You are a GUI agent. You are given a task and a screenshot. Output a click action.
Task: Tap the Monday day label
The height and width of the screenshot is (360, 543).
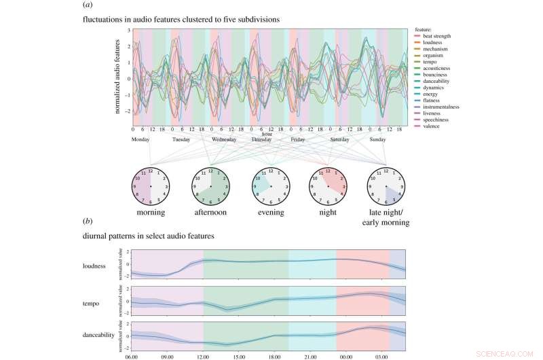(141, 139)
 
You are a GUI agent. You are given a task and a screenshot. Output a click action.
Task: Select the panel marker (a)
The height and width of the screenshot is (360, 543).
(88, 5)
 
